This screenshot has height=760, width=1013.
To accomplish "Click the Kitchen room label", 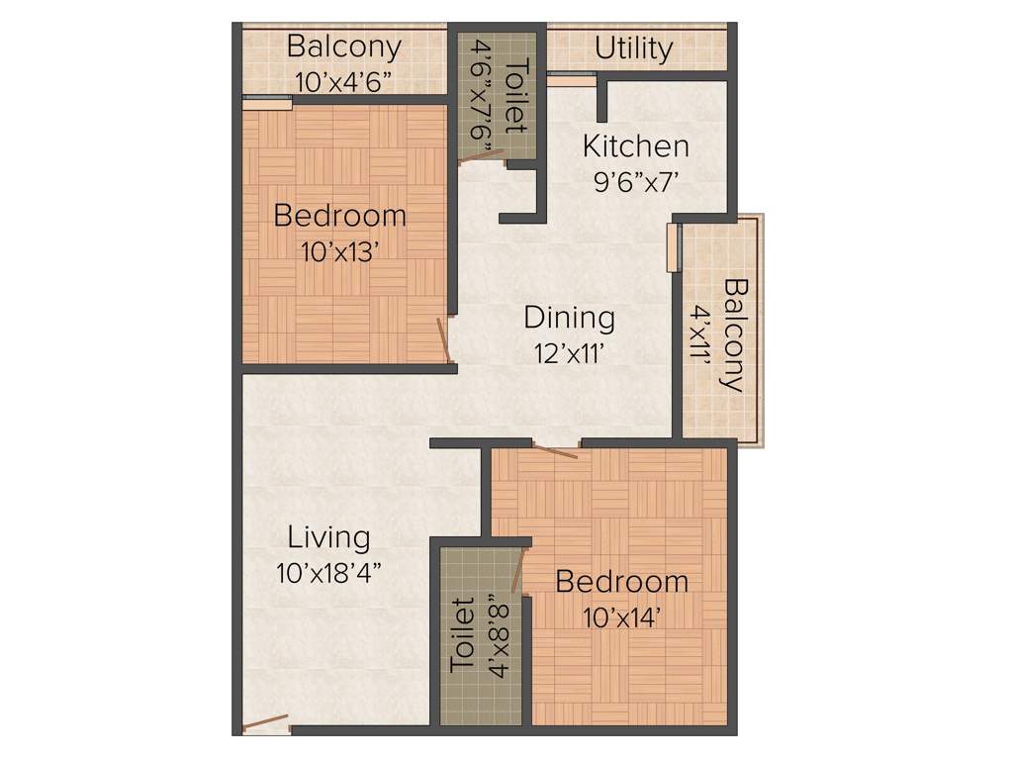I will [x=635, y=146].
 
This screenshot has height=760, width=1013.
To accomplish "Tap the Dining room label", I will [x=569, y=318].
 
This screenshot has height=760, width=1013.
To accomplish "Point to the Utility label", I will [x=634, y=48].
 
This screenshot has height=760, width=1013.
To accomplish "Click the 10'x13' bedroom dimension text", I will [x=341, y=250].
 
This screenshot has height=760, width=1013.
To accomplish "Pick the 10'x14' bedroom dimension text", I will [x=621, y=617].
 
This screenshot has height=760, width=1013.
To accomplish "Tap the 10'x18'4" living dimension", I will [x=328, y=572].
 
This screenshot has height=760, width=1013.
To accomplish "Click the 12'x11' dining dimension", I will [x=569, y=352].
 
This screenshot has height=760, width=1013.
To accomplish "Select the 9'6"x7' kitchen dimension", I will [x=635, y=181].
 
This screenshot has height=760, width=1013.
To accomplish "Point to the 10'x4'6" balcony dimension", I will [x=343, y=81].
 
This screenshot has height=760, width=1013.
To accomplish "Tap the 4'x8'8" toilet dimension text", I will [x=498, y=636].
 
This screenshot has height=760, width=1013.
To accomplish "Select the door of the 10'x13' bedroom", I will [x=445, y=338].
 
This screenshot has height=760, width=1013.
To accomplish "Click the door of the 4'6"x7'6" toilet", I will [x=482, y=157].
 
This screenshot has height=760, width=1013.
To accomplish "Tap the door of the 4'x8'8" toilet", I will [x=518, y=573].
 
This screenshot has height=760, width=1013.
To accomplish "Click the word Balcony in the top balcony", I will [x=343, y=47].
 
